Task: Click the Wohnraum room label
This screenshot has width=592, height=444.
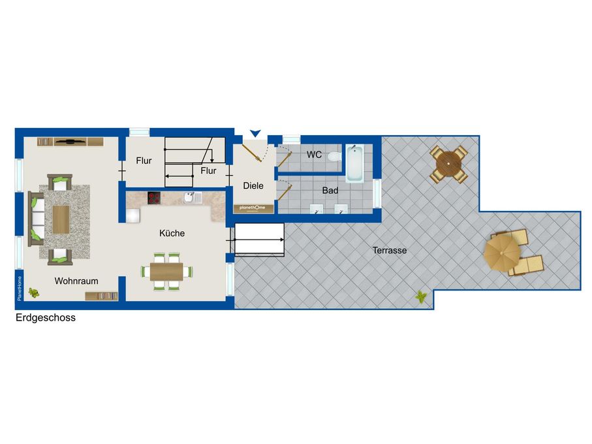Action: coord(76,281)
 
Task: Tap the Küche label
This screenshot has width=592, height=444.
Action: coord(172,233)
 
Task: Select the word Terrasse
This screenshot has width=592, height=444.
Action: coord(390,250)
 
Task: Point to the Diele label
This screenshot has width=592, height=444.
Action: coord(253,185)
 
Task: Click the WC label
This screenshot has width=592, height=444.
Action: coord(314,154)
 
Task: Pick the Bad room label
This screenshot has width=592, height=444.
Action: coord(330,190)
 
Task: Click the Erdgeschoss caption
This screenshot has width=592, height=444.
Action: coord(46,317)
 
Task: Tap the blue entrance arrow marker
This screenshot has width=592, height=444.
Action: coord(256,133)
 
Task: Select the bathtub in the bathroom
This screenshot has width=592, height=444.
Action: coord(355,163)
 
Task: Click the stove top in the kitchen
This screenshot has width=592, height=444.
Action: coord(154,198)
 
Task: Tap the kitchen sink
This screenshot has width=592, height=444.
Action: coord(193,197)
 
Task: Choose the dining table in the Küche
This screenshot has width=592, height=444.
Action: coord(166,272)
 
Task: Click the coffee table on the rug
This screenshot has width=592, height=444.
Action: coord(61,220)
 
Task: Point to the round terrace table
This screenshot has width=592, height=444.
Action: coord(448,164)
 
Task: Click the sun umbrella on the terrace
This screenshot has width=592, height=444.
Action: coord(501,252)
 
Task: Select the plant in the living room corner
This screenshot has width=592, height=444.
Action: coord(34,293)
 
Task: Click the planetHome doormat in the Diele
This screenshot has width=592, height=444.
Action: coord(253,208)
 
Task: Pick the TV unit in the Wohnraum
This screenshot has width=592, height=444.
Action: coord(70,142)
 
